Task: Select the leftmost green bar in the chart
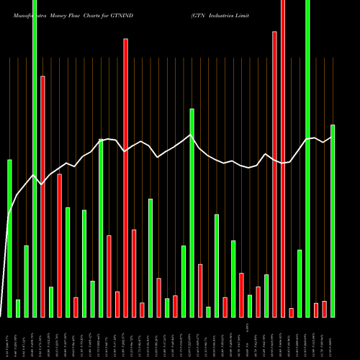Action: [9, 238]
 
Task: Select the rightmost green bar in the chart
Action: [333, 220]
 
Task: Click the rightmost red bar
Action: [324, 309]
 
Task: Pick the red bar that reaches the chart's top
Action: [283, 158]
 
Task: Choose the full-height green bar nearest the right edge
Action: [307, 158]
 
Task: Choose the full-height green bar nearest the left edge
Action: [35, 158]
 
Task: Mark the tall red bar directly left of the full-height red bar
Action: [274, 174]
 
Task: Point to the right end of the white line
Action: [332, 136]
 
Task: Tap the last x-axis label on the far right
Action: [333, 341]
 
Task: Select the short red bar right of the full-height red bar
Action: [291, 312]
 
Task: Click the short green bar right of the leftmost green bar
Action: [18, 308]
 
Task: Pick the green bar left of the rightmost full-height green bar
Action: [300, 283]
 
